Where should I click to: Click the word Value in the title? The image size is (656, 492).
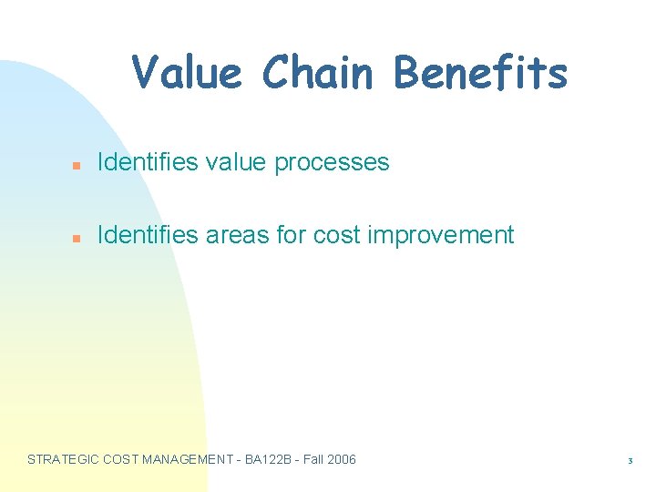pos(187,73)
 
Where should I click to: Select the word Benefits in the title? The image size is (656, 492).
pos(480,73)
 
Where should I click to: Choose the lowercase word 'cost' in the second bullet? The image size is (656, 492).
pos(333,235)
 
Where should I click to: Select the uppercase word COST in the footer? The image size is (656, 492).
pos(122,459)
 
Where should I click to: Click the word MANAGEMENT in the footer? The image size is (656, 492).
pos(189,459)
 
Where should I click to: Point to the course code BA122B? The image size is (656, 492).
pos(271,459)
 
